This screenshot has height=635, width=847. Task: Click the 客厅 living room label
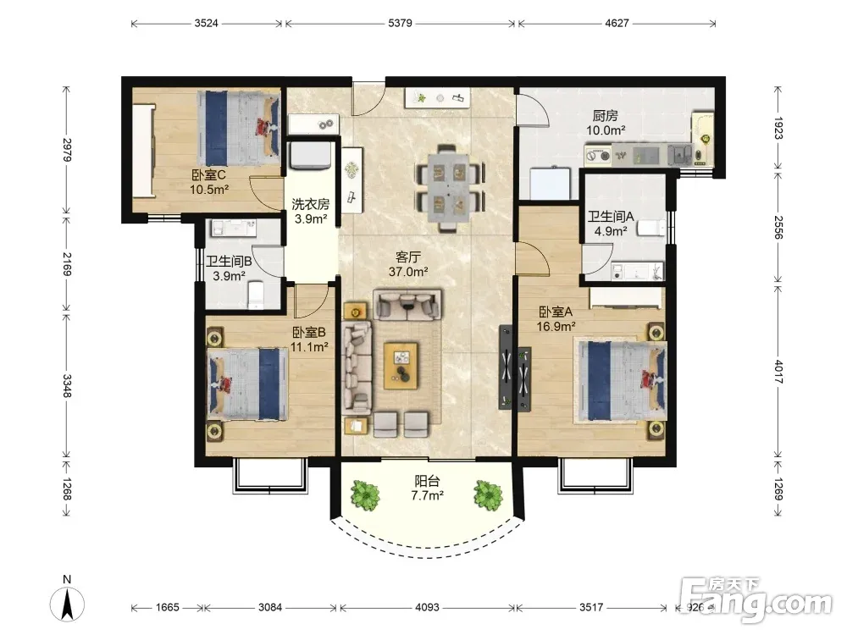pyautogui.click(x=408, y=257)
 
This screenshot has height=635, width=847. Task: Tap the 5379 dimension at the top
pyautogui.click(x=400, y=23)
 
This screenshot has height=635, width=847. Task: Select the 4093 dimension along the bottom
pyautogui.click(x=427, y=607)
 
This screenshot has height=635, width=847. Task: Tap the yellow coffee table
pyautogui.click(x=401, y=366)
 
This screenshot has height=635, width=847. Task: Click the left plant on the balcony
pyautogui.click(x=366, y=494)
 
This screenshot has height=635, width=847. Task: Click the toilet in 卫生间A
pyautogui.click(x=650, y=228)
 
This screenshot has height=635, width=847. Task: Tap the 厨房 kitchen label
pyautogui.click(x=605, y=115)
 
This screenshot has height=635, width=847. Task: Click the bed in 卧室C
pyautogui.click(x=238, y=128)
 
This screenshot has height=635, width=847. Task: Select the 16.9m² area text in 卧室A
pyautogui.click(x=556, y=326)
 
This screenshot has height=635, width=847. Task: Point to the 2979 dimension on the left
pyautogui.click(x=66, y=150)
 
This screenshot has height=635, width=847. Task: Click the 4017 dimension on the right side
pyautogui.click(x=778, y=372)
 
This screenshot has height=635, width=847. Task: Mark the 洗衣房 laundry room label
pyautogui.click(x=311, y=204)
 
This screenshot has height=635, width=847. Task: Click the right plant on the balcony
pyautogui.click(x=488, y=494)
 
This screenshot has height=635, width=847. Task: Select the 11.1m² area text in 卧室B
pyautogui.click(x=309, y=346)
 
